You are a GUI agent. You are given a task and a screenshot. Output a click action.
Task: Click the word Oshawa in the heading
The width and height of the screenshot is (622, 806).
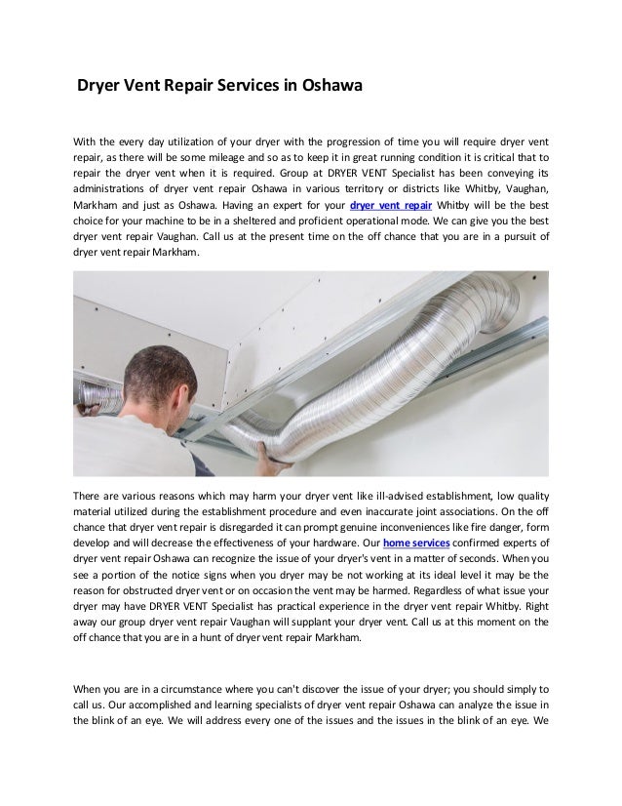(x=328, y=85)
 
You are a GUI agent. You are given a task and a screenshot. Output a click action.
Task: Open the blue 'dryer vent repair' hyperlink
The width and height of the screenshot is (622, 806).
(x=389, y=207)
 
